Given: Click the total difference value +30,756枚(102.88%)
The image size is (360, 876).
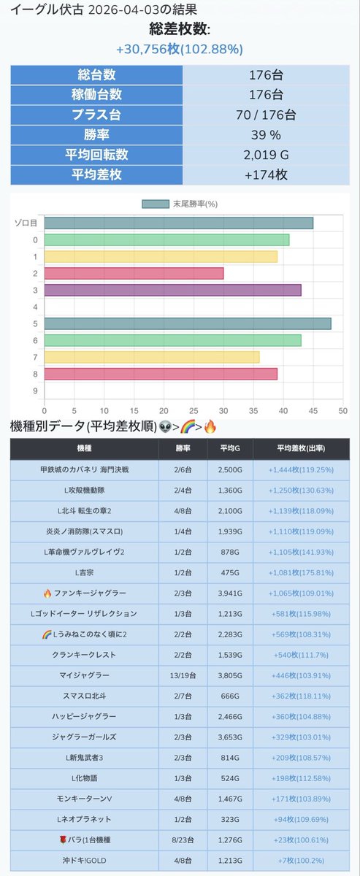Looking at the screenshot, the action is coord(180,49).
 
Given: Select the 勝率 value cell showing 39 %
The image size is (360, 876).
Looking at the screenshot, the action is coord(266,135).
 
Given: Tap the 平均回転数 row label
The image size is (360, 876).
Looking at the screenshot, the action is coord(96,155).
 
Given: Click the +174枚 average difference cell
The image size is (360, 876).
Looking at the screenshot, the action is coord(266,174).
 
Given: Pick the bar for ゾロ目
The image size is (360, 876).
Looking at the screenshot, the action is coord(178,223).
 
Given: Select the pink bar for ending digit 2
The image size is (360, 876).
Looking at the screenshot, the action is coord(134,273).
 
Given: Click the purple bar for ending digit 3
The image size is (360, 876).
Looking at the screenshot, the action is coord(172,291).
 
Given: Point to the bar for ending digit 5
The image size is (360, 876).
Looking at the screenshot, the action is coord(188,324).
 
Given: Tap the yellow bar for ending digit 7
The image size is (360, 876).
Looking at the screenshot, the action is coord(152,357).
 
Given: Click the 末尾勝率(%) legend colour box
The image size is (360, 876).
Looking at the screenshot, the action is coord(156,204).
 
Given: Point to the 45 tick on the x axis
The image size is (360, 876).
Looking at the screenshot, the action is coord(313,411).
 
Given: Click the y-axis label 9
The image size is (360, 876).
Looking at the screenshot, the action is coord(35,391).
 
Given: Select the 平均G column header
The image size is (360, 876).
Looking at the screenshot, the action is coord(230,448).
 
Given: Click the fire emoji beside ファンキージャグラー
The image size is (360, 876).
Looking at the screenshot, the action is coord(47,593).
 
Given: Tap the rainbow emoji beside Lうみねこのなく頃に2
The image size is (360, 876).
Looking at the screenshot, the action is coord(47,634).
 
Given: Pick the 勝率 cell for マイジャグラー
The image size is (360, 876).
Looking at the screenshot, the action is coord(183,675).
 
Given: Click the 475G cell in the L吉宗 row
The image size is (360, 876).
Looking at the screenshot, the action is coord(230,572).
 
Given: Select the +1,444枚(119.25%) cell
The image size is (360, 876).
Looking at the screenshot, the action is coord(301,469).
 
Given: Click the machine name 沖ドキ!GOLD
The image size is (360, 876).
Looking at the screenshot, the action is coord(84,861).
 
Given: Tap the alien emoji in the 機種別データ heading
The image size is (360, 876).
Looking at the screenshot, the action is coord(166,427).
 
